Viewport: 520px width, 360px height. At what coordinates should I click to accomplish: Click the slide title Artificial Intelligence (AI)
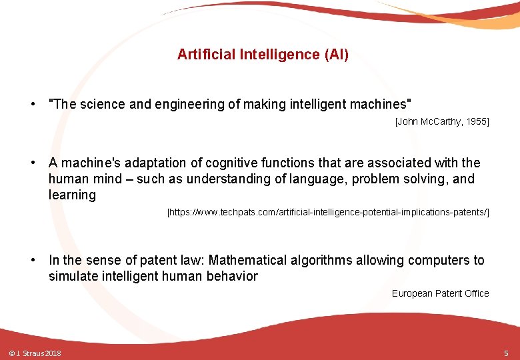tap(263, 55)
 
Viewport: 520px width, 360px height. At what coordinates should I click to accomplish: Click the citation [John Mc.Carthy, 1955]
tap(442, 121)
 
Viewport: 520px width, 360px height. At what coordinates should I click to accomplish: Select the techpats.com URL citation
tap(328, 212)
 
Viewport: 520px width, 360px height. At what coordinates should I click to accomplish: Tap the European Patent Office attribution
tap(440, 293)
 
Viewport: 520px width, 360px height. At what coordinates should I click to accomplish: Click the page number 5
tap(506, 353)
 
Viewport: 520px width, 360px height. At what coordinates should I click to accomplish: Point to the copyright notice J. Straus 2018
tap(35, 353)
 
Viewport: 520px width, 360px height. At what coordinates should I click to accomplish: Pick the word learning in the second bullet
tap(72, 195)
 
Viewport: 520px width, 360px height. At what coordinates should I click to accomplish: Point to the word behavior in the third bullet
tap(231, 276)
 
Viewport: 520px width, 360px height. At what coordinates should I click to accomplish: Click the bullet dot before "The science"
tap(32, 104)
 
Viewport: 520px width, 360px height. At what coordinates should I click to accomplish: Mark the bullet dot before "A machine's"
tap(32, 163)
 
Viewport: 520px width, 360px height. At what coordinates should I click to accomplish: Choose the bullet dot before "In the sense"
tap(32, 260)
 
